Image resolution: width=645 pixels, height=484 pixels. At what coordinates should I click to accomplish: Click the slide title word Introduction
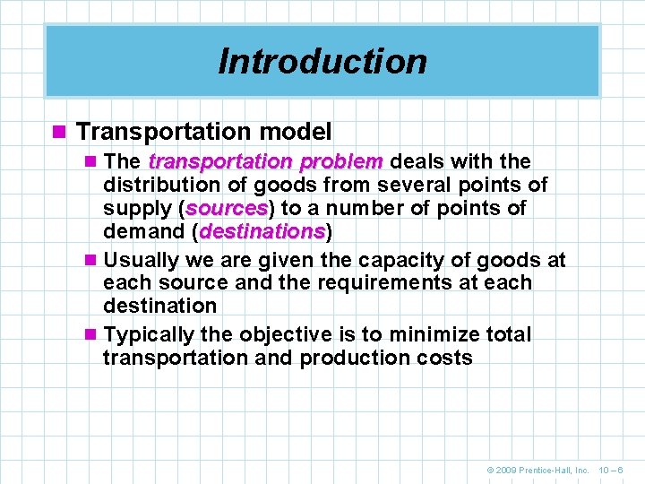click(322, 61)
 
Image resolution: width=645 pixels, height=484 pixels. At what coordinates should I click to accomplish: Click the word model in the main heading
click(296, 132)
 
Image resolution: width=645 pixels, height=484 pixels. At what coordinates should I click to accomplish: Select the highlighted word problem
click(341, 162)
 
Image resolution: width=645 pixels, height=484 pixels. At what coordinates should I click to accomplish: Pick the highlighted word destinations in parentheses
click(262, 232)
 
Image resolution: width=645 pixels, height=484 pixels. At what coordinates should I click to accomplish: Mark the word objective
click(283, 335)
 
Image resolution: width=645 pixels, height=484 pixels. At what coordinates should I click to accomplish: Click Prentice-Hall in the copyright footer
click(549, 469)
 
